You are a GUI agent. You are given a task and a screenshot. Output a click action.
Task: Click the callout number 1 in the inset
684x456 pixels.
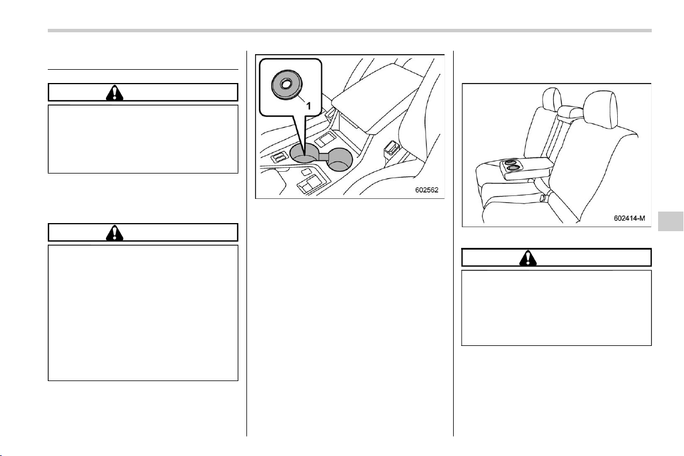309,105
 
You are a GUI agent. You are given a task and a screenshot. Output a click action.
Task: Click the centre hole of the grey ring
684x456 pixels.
287,82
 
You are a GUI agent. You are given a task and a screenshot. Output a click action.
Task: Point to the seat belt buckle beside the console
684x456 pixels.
390,149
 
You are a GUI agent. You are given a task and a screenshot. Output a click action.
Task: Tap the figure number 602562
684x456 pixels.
426,190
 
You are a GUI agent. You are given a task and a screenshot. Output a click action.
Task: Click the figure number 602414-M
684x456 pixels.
629,218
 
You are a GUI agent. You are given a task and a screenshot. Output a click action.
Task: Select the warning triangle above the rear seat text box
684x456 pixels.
528,258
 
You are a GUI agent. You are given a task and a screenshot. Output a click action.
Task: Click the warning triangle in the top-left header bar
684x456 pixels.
115,93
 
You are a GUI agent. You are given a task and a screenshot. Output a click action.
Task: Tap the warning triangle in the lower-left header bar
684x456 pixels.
115,233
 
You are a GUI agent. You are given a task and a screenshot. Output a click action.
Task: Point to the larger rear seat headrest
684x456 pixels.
601,110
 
